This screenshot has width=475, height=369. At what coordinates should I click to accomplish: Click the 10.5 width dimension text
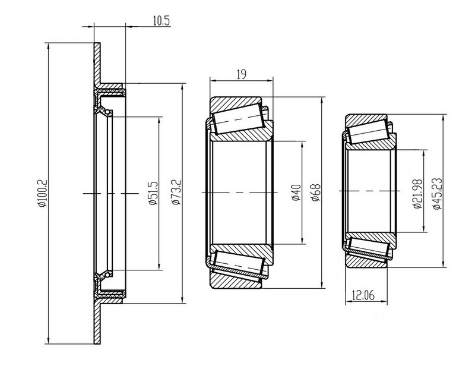click(x=161, y=21)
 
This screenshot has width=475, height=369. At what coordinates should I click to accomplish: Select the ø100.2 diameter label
click(x=42, y=194)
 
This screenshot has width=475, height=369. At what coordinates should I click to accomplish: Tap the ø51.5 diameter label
click(x=154, y=193)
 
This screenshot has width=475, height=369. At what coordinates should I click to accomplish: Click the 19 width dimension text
click(x=242, y=74)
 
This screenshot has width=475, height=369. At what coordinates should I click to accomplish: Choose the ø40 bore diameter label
click(x=296, y=193)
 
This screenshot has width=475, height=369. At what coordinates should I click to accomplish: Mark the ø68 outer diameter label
click(x=316, y=193)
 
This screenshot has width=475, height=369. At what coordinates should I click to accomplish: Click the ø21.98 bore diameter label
click(x=418, y=194)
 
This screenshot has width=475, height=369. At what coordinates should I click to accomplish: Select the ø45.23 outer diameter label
click(x=438, y=194)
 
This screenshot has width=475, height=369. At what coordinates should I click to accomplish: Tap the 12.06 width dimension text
click(x=363, y=295)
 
